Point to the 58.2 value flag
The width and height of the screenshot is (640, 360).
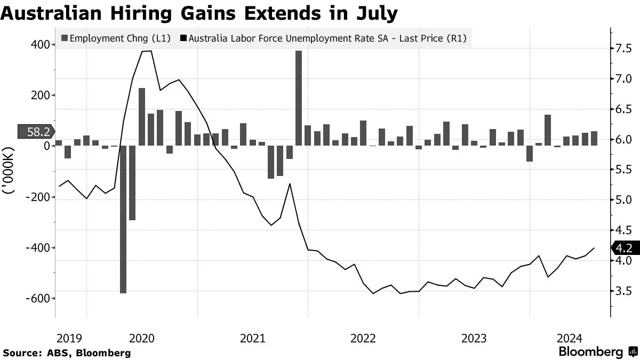tap(35, 132)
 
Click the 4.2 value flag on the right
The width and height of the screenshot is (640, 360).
tap(623, 248)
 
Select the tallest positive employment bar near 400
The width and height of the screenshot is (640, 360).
tap(299, 98)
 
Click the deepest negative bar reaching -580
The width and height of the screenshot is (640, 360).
tap(123, 219)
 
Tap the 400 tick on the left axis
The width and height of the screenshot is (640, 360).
tap(39, 45)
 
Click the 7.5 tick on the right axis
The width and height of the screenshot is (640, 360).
tap(623, 49)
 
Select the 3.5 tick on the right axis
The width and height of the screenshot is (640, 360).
tap(623, 291)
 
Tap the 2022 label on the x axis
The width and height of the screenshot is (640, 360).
tap(364, 338)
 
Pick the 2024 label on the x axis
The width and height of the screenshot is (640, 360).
tap(570, 338)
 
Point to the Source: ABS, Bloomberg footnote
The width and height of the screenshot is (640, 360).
tap(67, 353)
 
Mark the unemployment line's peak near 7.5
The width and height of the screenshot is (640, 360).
tap(147, 51)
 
